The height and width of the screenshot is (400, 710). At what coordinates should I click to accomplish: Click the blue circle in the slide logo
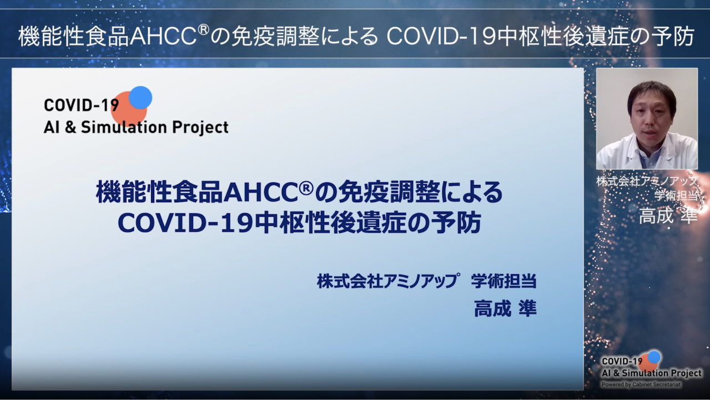pyautogui.click(x=140, y=97)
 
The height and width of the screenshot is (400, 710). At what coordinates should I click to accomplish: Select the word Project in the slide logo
pyautogui.click(x=200, y=128)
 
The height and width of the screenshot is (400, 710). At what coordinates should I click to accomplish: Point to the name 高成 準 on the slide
pyautogui.click(x=505, y=309)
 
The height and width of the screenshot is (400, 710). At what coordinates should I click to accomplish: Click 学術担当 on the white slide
pyautogui.click(x=503, y=281)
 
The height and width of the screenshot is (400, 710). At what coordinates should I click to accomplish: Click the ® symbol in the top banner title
pyautogui.click(x=204, y=30)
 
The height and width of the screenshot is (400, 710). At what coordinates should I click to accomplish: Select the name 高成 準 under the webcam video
pyautogui.click(x=668, y=216)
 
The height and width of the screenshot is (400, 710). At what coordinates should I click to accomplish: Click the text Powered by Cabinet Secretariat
pyautogui.click(x=641, y=384)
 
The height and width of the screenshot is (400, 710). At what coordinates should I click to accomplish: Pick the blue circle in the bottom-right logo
pyautogui.click(x=654, y=357)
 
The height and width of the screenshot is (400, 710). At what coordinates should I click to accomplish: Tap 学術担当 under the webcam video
pyautogui.click(x=676, y=196)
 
